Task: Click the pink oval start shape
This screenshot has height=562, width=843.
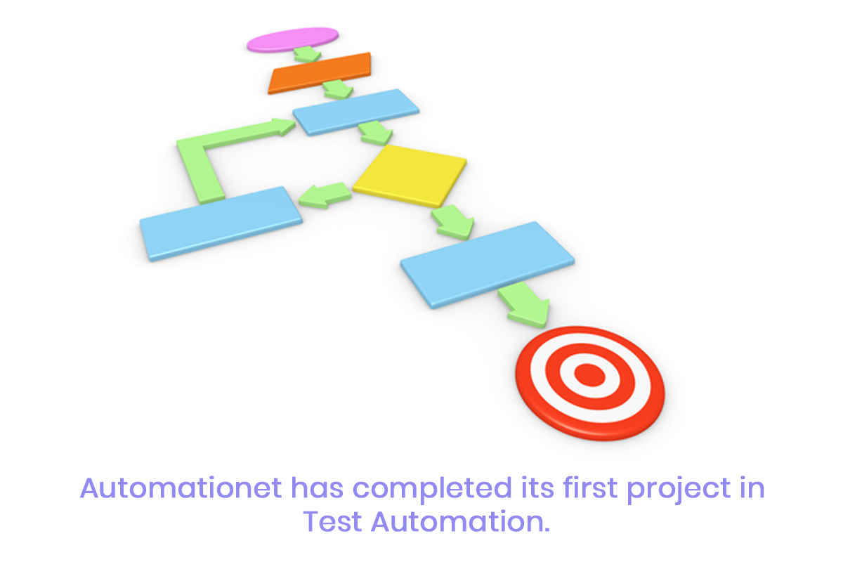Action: coord(292,39)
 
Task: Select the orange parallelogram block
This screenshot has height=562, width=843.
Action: coord(320,73)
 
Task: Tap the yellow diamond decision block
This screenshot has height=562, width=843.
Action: coord(410,176)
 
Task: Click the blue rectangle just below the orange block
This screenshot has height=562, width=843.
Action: coord(355,112)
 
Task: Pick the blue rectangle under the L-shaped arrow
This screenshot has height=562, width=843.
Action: coord(221,223)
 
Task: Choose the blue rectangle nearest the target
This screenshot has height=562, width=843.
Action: coord(488,265)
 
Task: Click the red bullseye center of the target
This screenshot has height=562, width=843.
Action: coord(589,375)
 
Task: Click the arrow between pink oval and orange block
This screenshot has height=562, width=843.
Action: coord(307,54)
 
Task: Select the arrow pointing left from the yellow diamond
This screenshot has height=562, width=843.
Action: coord(325,195)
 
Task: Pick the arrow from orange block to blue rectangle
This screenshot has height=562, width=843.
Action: coord(338,89)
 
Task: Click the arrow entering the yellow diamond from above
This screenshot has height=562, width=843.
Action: coord(376,133)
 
